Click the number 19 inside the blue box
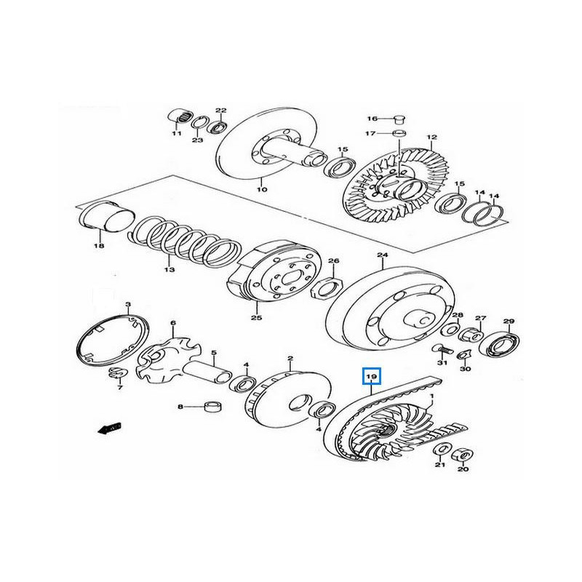372,376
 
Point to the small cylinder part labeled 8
213,407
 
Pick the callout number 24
382,255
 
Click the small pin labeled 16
399,118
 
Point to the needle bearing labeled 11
179,116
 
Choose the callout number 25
256,318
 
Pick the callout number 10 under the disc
262,190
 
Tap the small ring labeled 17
399,134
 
